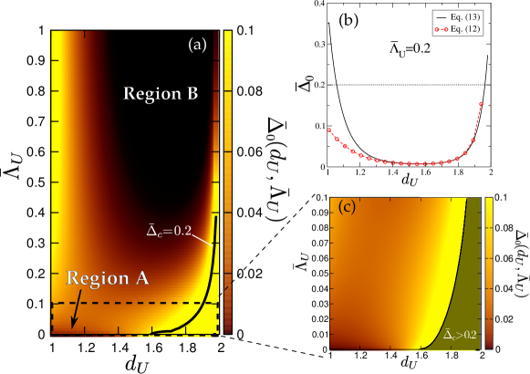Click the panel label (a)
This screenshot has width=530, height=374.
(x=197, y=44)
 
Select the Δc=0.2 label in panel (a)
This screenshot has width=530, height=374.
(x=169, y=230)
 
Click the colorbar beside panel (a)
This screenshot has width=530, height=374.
(x=228, y=182)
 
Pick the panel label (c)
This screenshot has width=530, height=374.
(x=347, y=207)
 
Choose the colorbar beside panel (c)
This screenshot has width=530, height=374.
(x=489, y=274)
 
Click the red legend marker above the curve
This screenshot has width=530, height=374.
(x=442, y=29)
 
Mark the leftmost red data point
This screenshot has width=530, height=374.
(x=329, y=130)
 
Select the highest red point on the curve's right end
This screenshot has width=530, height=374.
(x=481, y=104)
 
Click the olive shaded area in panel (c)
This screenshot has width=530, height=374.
(x=461, y=292)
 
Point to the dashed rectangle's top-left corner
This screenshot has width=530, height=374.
(x=52, y=303)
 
